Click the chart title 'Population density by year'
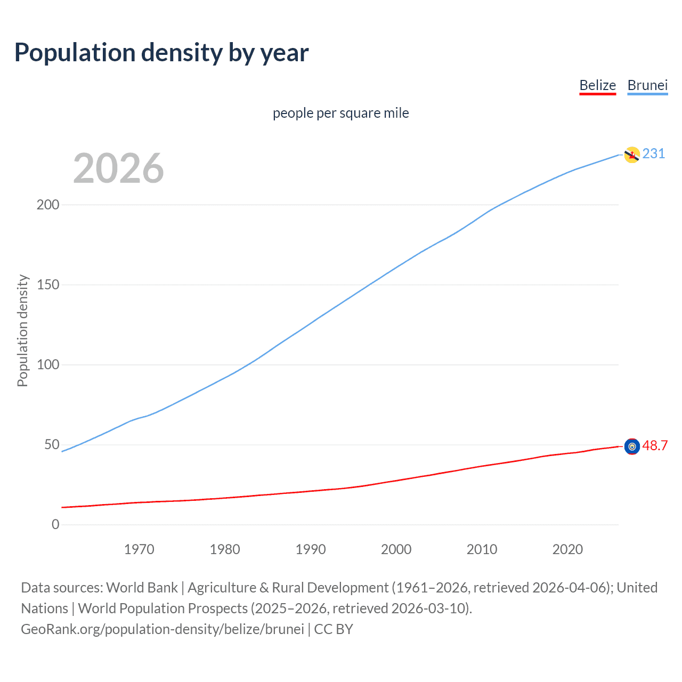[161, 53]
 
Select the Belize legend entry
[597, 85]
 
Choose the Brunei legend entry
[647, 85]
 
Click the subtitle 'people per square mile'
[340, 113]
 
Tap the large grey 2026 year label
[118, 168]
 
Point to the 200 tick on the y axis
[48, 205]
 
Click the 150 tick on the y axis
[48, 285]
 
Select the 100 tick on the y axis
[48, 364]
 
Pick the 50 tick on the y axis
[52, 444]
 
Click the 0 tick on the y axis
[55, 524]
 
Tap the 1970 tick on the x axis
[139, 549]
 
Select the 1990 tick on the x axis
[311, 549]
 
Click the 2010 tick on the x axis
[482, 549]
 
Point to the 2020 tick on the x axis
[567, 549]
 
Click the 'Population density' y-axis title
[22, 330]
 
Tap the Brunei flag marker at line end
[631, 155]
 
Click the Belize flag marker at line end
[631, 446]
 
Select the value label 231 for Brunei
[654, 153]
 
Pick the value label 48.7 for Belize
[655, 445]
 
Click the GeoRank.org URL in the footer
[163, 629]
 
